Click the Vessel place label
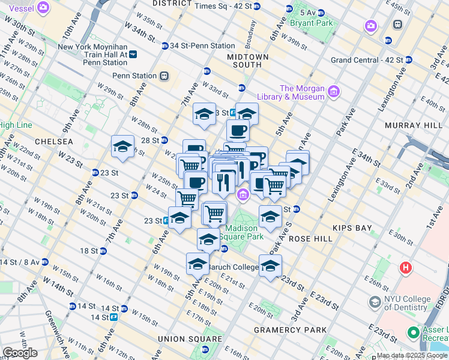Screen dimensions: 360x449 (18, 8)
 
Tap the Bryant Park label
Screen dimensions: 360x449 (311, 23)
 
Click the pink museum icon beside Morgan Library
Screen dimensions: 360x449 (334, 92)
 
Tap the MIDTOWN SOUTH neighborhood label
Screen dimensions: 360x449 (244, 60)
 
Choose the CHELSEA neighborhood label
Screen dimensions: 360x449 (53, 141)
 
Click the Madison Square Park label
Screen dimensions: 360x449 (241, 232)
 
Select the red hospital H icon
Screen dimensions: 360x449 (406, 267)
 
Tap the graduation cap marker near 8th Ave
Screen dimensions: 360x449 (123, 147)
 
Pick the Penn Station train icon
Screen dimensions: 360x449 (163, 76)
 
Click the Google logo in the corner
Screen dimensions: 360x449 (20, 353)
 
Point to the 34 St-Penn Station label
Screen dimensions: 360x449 (202, 46)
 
